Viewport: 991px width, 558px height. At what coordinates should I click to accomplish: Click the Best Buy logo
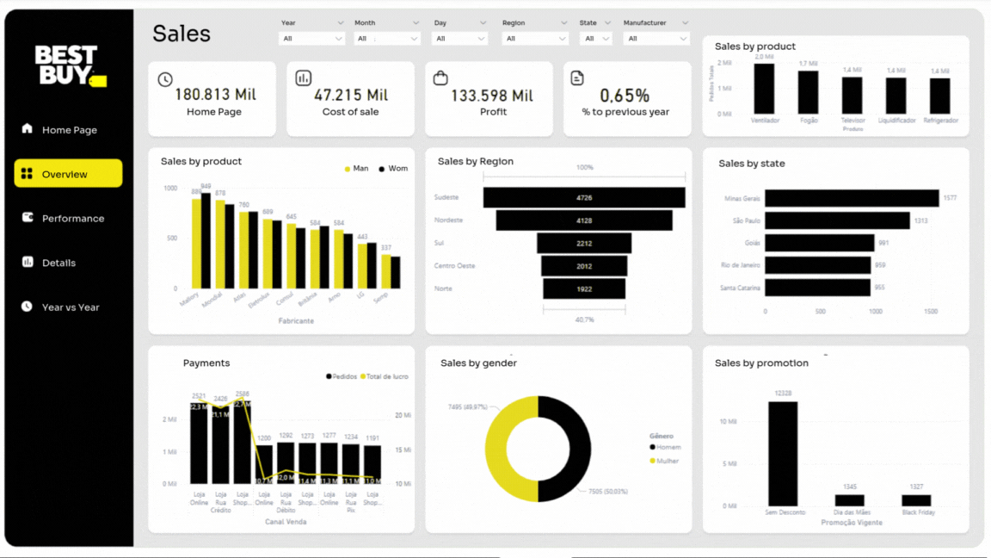tap(70, 65)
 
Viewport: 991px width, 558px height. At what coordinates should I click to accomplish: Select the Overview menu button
tap(68, 174)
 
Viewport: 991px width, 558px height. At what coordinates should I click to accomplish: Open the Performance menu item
tap(72, 219)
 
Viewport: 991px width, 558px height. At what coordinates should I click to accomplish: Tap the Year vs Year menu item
tap(70, 307)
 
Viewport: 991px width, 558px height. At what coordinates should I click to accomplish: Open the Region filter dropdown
tap(535, 39)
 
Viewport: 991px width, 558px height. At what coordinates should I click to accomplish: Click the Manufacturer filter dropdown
tap(656, 39)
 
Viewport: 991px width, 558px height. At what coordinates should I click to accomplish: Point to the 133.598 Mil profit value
tap(492, 95)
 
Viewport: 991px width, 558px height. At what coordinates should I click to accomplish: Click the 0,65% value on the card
tap(625, 96)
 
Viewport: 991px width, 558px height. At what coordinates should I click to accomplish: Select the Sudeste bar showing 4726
tap(584, 198)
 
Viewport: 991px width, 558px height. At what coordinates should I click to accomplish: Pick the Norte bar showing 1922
tap(584, 289)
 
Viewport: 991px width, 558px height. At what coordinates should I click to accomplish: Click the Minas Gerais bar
tap(851, 198)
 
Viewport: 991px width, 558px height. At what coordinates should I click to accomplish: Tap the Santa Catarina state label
tap(740, 288)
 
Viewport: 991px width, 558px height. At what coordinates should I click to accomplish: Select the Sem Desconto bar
tap(783, 454)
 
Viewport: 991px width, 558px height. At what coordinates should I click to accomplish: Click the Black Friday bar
tap(916, 500)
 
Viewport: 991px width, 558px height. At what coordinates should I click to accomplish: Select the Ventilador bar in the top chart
tap(764, 89)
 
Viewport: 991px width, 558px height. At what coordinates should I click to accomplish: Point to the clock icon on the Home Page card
tap(165, 79)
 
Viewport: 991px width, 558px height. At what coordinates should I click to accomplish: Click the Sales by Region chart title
tap(475, 162)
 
